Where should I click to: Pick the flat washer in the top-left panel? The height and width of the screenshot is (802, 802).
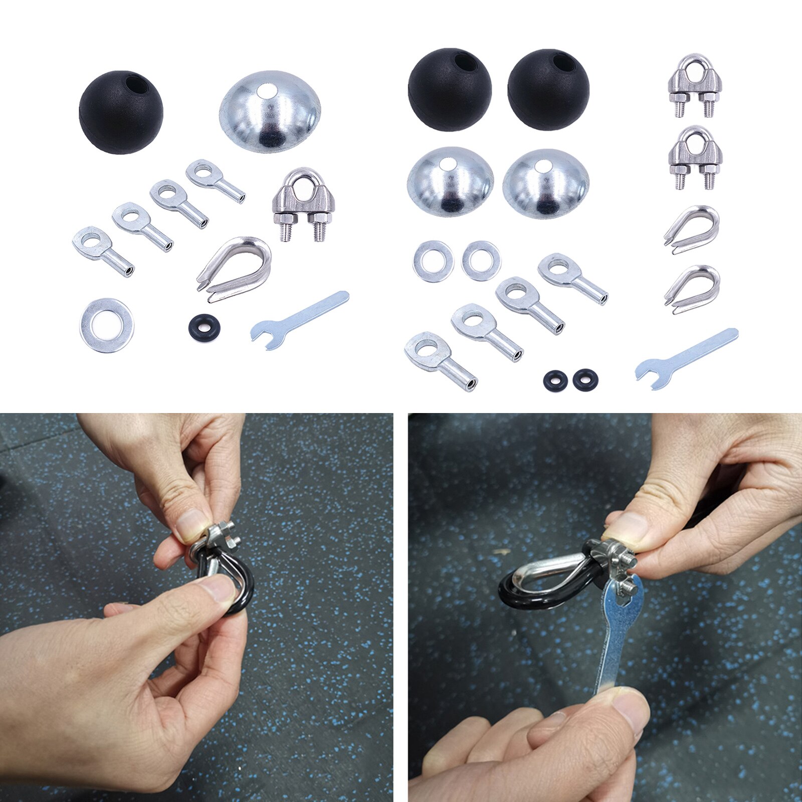point(106,325)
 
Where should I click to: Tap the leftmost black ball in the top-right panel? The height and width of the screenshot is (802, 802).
point(449,90)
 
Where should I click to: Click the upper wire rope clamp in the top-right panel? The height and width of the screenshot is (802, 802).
point(694,85)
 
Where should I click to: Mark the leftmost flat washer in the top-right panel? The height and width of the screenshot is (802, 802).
point(433,261)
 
